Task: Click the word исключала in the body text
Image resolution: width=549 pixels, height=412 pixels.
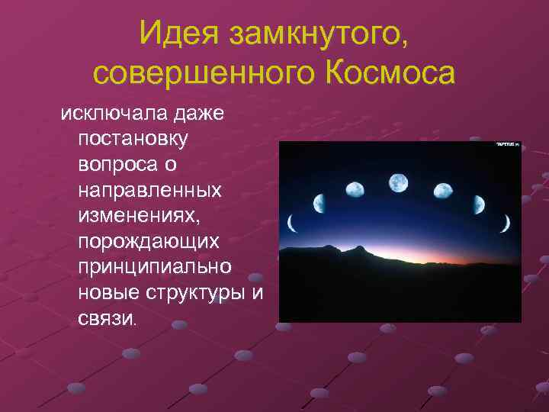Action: point(108,114)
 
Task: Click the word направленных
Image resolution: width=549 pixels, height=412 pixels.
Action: point(149,190)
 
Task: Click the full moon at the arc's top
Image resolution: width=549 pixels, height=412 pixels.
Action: point(399,182)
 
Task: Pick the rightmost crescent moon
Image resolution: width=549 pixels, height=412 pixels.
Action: point(504,223)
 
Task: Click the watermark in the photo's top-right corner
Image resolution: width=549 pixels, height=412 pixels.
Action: point(508,143)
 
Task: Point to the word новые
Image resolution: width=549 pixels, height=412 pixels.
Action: point(107,293)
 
